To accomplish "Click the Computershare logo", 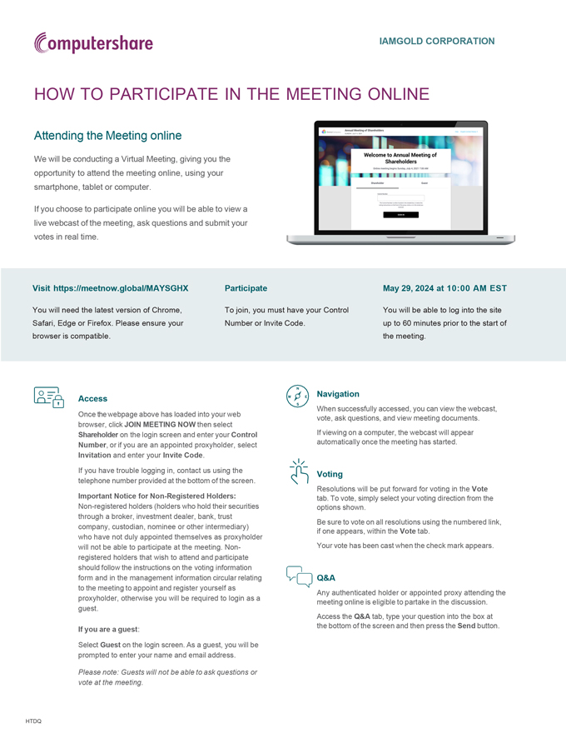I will pos(93,42).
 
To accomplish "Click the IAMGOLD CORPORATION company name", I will pos(436,41).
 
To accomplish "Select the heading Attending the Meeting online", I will pos(107,135).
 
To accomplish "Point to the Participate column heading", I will pos(246,288).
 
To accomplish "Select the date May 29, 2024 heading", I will pos(444,288).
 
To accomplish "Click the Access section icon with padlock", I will pos(49,397).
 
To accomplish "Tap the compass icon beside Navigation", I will pos(297,396).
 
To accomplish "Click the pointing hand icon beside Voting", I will pos(298,471).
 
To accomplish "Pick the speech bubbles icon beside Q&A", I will pos(298,576).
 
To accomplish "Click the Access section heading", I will pos(92,398).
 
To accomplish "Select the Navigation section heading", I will pos(338,393).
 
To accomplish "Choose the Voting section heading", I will pos(330,474).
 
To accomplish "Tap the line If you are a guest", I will pos(108,629).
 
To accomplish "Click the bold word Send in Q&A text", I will pos(466,626).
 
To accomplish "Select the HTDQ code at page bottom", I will pos(33,721).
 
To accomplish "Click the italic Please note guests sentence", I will pos(166,677).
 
